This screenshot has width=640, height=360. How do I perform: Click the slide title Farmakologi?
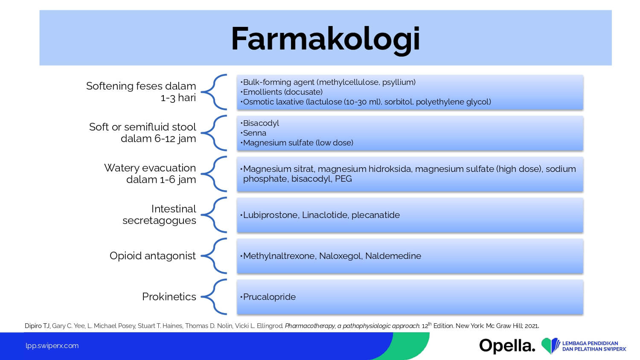click(326, 39)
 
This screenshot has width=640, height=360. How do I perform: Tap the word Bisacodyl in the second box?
click(261, 123)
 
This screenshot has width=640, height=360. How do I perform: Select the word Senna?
click(255, 133)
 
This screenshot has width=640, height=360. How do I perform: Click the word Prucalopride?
click(269, 297)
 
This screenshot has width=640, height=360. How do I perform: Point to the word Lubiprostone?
click(270, 215)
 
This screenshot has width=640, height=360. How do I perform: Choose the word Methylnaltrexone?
click(279, 256)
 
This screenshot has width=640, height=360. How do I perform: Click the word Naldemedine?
click(393, 256)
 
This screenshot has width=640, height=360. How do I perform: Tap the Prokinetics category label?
click(169, 296)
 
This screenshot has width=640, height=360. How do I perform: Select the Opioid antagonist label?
click(153, 256)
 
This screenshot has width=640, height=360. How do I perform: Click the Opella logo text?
click(507, 346)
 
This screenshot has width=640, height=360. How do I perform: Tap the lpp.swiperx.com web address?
click(52, 346)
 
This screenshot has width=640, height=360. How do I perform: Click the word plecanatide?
click(376, 215)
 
